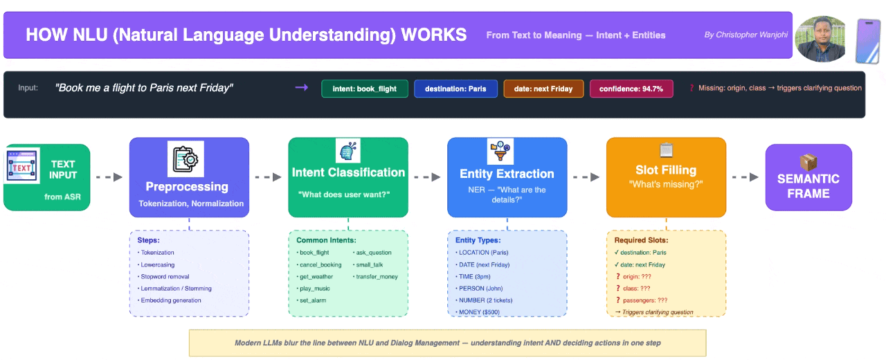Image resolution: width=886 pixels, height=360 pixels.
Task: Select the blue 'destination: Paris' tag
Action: pos(455,89)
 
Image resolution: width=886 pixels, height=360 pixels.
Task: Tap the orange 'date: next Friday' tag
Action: pos(543,89)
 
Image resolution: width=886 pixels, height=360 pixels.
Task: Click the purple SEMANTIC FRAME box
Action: pos(808,177)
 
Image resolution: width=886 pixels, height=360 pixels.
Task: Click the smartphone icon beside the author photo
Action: pos(867,41)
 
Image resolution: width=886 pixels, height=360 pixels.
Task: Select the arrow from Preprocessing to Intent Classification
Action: pos(269,177)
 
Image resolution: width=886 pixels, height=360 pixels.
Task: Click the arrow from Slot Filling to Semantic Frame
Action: pos(745,177)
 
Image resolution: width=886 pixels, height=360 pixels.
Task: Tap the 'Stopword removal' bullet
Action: pos(166,277)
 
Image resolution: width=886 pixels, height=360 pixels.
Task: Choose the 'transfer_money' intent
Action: pos(377,277)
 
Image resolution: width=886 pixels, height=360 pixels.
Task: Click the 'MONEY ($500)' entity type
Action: pos(479,312)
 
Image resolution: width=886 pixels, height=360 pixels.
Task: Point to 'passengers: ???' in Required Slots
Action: pos(642,300)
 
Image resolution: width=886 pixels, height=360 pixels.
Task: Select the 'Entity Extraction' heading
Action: pos(507,174)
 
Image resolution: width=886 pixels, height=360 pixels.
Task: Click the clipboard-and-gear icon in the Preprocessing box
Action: pos(186,159)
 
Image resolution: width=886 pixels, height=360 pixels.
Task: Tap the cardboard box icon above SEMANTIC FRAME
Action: pos(808,161)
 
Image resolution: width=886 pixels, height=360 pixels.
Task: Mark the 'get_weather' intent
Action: pos(316,277)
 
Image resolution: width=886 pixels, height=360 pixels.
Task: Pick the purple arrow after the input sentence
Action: pos(302,88)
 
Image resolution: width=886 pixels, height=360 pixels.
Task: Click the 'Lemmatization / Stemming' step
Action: pos(177,289)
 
